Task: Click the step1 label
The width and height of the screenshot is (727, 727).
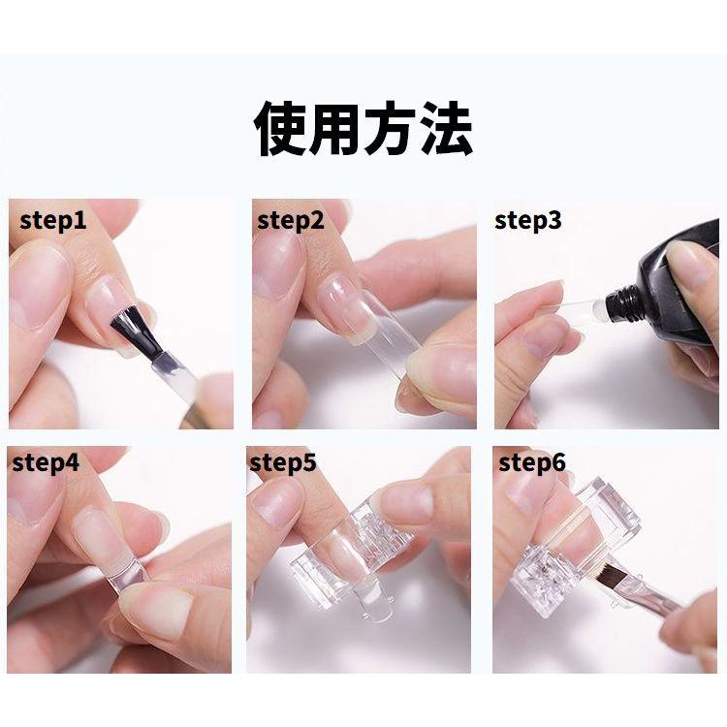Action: (x=53, y=221)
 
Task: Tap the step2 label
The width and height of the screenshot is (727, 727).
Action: (x=291, y=221)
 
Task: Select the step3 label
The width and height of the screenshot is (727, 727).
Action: (x=528, y=221)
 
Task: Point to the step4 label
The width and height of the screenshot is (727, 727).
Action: (x=46, y=462)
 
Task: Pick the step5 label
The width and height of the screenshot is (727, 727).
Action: (x=283, y=462)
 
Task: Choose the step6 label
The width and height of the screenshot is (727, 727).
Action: (x=532, y=462)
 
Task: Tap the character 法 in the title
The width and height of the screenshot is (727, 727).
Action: (x=446, y=128)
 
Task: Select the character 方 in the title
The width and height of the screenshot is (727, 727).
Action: (x=392, y=128)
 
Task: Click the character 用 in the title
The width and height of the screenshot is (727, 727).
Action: (x=336, y=128)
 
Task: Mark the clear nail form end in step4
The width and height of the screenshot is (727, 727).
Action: (x=125, y=574)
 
